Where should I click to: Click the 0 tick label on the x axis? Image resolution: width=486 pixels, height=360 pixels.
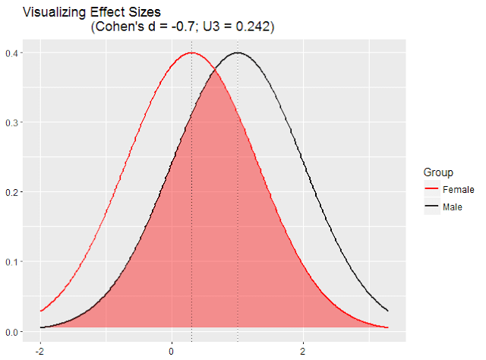[172, 352]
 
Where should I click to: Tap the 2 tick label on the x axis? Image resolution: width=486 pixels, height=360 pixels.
[304, 352]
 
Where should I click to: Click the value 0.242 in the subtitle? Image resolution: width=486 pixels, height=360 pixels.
[252, 27]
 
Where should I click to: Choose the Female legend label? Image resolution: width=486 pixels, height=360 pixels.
[459, 188]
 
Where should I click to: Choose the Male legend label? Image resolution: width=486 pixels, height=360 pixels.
[454, 207]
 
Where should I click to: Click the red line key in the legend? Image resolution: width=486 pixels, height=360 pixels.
[432, 188]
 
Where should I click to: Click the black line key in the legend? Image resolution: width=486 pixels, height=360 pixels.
[432, 207]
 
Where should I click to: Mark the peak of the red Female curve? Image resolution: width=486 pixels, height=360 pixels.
[191, 52]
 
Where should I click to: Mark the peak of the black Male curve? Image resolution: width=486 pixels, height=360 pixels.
[238, 52]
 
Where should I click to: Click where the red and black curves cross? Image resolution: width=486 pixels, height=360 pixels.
[215, 70]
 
